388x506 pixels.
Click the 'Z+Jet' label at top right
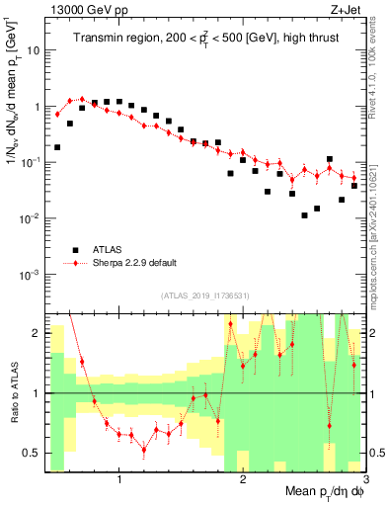click(x=347, y=9)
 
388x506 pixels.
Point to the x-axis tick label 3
click(x=364, y=479)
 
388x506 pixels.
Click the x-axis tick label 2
click(x=243, y=479)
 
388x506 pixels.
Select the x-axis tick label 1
click(x=119, y=479)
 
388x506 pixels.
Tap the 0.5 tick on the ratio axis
click(x=34, y=454)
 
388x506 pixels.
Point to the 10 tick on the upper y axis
click(x=35, y=49)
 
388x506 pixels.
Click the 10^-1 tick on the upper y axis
click(x=31, y=162)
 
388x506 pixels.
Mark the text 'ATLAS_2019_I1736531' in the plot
click(x=204, y=295)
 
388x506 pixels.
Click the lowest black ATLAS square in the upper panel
click(x=305, y=215)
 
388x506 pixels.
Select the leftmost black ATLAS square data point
click(x=57, y=147)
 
